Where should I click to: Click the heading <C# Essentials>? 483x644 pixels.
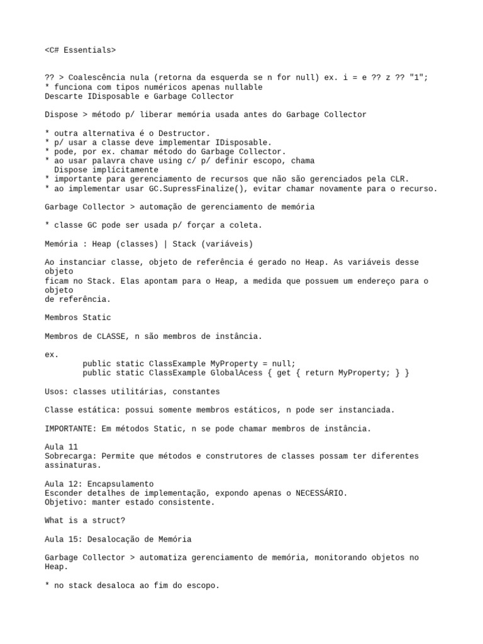click(x=80, y=50)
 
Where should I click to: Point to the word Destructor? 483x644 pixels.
click(x=187, y=133)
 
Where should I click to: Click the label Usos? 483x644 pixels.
click(x=57, y=392)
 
